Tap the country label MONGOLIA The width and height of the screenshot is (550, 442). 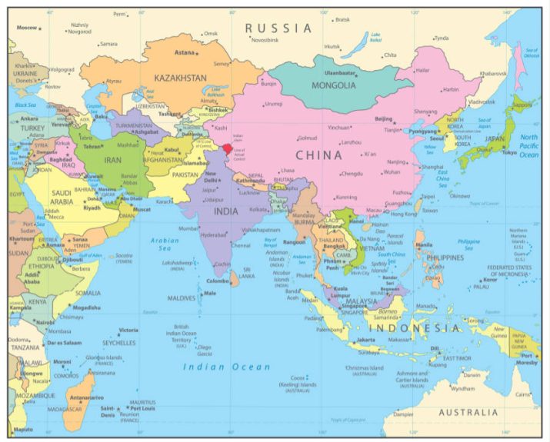click(x=333, y=85)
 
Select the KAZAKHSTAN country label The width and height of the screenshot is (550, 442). click(x=180, y=78)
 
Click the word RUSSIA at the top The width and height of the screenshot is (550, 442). click(x=279, y=28)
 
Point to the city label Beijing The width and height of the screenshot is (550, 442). click(x=383, y=118)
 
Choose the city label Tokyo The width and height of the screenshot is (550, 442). click(x=509, y=152)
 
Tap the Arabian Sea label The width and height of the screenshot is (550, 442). click(x=165, y=244)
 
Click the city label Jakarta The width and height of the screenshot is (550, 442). click(x=365, y=339)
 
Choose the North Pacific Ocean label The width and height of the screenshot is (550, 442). click(x=528, y=145)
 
